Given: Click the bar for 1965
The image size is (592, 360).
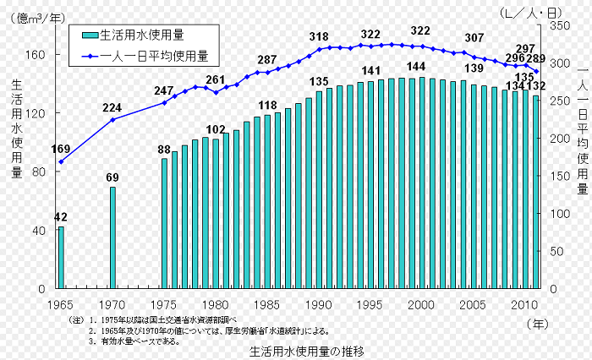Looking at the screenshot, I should click(x=61, y=257).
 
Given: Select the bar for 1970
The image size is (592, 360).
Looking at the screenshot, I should click(x=112, y=237).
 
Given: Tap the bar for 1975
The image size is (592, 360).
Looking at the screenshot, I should click(x=165, y=223).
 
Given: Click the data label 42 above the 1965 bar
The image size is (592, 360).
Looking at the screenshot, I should click(x=61, y=217).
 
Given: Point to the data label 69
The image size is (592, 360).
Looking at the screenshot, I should click(x=112, y=177).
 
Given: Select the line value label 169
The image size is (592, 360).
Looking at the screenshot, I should click(x=61, y=150).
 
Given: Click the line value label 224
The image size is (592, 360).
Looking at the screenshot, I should click(x=112, y=107).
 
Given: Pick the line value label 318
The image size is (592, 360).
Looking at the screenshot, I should click(x=319, y=36).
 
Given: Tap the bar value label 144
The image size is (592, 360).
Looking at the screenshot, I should click(x=416, y=67).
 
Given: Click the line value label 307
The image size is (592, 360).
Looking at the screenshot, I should click(x=474, y=38).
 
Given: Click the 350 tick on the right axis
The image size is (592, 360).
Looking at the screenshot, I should click(x=559, y=26).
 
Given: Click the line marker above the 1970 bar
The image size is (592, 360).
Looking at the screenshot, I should click(x=112, y=119).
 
